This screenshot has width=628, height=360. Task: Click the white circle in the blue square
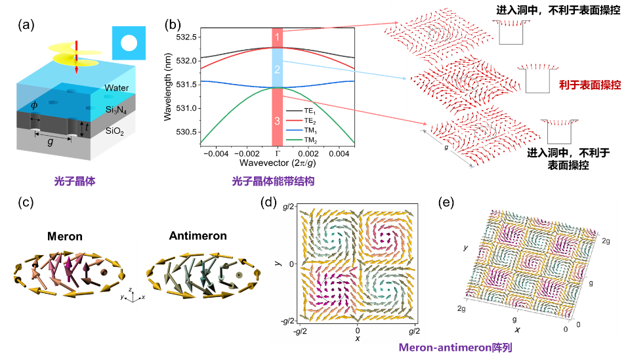click(x=129, y=44)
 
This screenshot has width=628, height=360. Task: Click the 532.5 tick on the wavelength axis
click(x=186, y=37)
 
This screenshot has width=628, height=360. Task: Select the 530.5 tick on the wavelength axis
click(x=186, y=132)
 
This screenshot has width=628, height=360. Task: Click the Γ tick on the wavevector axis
click(x=278, y=152)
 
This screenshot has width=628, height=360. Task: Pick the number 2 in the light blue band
click(x=278, y=69)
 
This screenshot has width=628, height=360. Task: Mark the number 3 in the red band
click(x=278, y=121)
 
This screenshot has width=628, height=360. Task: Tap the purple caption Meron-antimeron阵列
click(x=455, y=347)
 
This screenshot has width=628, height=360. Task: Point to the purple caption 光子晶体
click(x=75, y=181)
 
